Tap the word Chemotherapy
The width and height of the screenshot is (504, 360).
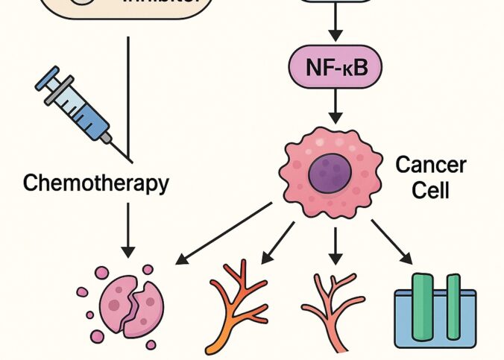pos(95,183)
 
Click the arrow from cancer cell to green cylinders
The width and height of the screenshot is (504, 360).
pos(395,242)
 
